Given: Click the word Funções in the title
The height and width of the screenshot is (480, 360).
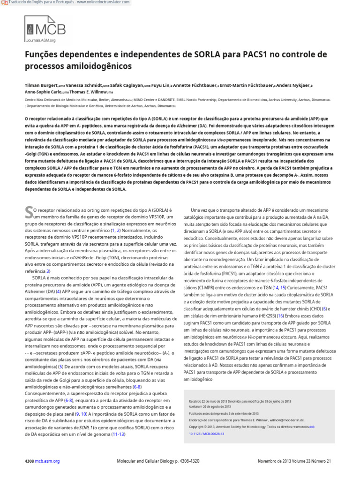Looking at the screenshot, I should (40, 54).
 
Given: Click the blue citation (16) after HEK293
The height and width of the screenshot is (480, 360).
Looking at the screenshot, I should (280, 316).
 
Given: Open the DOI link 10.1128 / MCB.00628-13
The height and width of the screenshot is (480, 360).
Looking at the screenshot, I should (206, 434).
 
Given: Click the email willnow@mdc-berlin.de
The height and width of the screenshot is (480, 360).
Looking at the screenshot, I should (284, 420).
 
